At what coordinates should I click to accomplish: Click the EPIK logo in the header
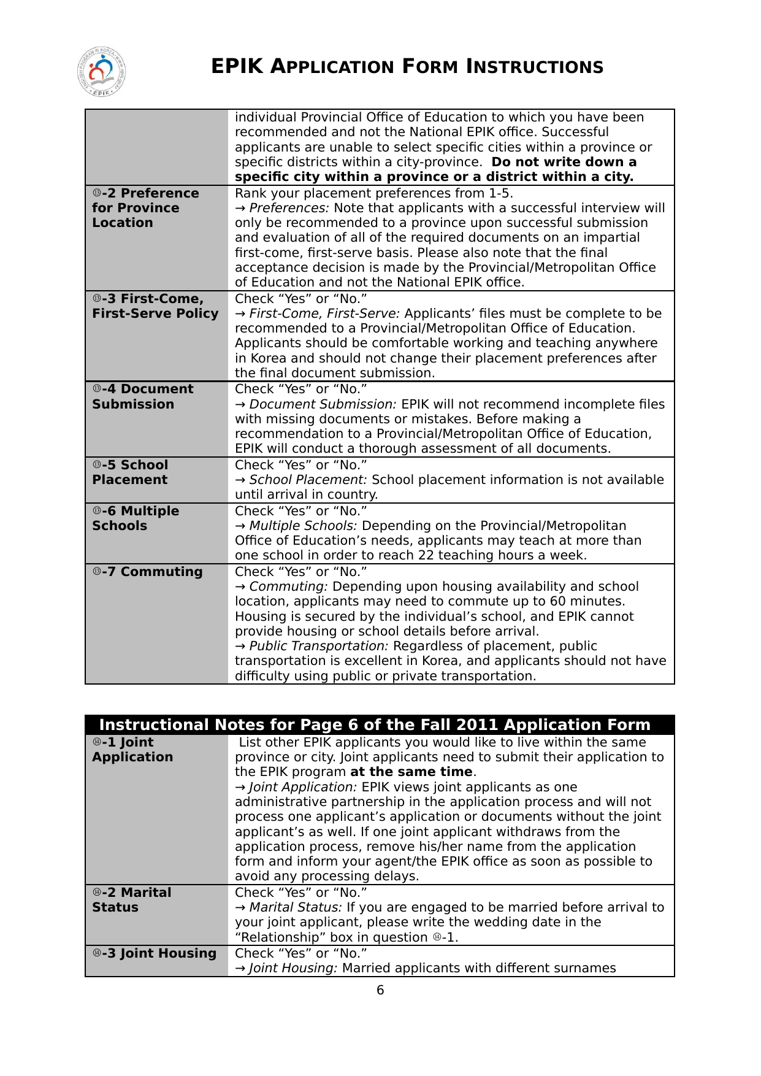pyautogui.click(x=102, y=72)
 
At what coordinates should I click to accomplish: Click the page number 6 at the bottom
pyautogui.click(x=380, y=990)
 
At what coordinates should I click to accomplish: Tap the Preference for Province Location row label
pyautogui.click(x=145, y=208)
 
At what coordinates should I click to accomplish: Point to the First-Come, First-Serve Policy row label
pyautogui.click(x=155, y=306)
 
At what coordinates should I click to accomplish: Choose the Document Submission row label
pyautogui.click(x=143, y=397)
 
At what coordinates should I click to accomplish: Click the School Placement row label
pyautogui.click(x=130, y=472)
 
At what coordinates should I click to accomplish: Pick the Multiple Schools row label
pyautogui.click(x=136, y=518)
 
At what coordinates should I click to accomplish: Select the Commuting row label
pyautogui.click(x=148, y=572)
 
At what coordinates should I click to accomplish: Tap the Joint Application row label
pyautogui.click(x=132, y=750)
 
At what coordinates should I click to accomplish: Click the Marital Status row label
pyautogui.click(x=132, y=900)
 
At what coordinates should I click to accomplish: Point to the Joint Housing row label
pyautogui.click(x=155, y=953)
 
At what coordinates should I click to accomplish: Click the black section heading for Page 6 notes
pyautogui.click(x=375, y=725)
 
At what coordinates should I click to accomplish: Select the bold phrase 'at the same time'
pyautogui.click(x=411, y=772)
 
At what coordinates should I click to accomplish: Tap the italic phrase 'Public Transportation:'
pyautogui.click(x=319, y=646)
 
